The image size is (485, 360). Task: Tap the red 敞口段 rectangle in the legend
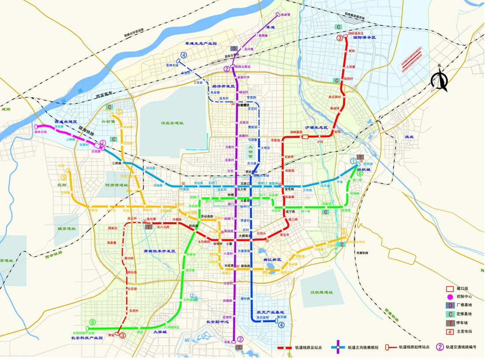(450, 289)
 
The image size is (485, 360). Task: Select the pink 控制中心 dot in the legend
(450, 297)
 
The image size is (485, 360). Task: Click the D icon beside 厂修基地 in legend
(450, 305)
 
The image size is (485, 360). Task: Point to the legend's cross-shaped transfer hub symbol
(338, 347)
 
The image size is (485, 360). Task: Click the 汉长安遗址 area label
(172, 123)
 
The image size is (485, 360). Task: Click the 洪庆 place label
(409, 137)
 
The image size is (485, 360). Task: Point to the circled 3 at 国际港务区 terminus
(340, 38)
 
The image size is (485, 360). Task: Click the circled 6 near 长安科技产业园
(93, 323)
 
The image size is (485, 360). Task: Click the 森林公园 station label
(41, 132)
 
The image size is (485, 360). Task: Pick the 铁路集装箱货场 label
(355, 18)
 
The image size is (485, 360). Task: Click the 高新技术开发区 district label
(159, 251)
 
